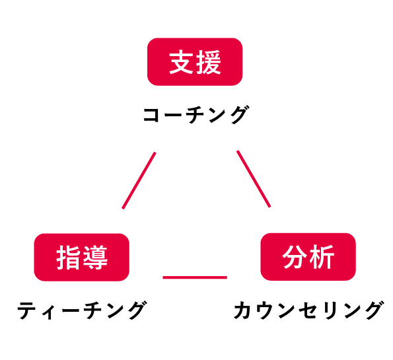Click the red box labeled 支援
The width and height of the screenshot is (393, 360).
click(x=195, y=61)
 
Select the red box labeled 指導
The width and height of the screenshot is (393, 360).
click(x=81, y=257)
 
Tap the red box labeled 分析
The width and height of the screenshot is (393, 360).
click(x=308, y=257)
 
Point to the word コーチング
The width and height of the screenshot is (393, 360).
click(x=196, y=115)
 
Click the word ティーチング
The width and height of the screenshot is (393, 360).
click(x=82, y=310)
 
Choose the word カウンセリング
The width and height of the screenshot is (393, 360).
click(x=309, y=310)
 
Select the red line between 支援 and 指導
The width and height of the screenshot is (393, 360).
click(x=139, y=180)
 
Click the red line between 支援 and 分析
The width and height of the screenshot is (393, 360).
click(x=254, y=179)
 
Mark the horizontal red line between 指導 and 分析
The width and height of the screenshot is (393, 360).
click(x=195, y=277)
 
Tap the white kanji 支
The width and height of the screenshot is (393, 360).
click(x=181, y=62)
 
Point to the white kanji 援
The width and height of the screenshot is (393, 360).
click(x=209, y=62)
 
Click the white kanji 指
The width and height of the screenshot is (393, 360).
click(x=68, y=258)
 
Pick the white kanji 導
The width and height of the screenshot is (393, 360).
click(x=95, y=258)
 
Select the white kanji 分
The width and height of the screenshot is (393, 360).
click(x=295, y=257)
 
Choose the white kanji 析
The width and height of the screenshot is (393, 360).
click(x=322, y=257)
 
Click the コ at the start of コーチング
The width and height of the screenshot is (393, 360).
click(x=151, y=116)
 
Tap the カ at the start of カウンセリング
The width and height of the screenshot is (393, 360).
click(x=242, y=310)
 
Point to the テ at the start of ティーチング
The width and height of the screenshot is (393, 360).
click(x=26, y=310)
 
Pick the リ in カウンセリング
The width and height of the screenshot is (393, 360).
click(x=328, y=310)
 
